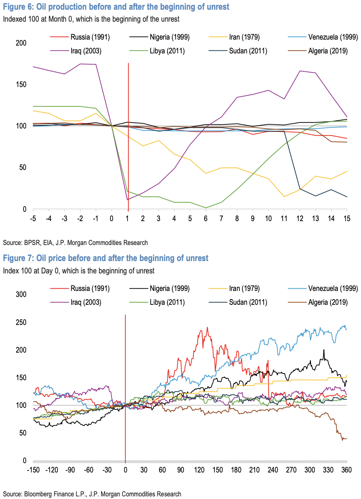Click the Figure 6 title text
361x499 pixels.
pos(116,7)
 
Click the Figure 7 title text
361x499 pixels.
pos(106,258)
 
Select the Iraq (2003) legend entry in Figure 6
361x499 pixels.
pos(86,51)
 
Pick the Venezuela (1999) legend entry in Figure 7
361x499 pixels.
pos(333,288)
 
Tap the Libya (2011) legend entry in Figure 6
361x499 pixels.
pos(167,51)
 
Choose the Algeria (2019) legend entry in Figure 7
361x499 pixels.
pos(328,302)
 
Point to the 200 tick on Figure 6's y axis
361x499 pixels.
pos(21,43)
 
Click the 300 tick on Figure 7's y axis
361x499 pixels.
pos(21,294)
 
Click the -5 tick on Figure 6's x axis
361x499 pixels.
pos(33,218)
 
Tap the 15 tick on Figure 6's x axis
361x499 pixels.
pos(347,218)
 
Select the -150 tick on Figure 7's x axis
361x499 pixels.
pos(33,470)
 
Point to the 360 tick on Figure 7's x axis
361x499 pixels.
pos(346,470)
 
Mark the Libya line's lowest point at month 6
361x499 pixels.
pos(205,208)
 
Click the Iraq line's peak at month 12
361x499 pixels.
pos(300,71)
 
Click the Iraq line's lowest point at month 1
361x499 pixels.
pos(128,200)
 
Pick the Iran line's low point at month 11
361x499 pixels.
pos(284,196)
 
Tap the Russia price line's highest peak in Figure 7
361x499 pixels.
pos(207,328)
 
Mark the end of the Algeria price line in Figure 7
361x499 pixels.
pos(346,438)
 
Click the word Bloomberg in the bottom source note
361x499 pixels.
pos(40,494)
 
